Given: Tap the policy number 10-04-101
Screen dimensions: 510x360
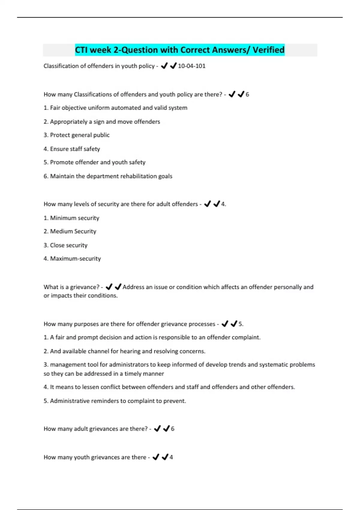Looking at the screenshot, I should click(x=192, y=66).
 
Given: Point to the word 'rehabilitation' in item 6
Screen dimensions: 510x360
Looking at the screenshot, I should click(x=138, y=176).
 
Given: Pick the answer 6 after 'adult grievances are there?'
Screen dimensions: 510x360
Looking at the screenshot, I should click(x=172, y=429).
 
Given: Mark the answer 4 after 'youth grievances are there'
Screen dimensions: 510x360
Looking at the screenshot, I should click(x=171, y=457).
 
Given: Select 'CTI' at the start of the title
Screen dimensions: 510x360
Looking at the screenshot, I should click(x=81, y=50).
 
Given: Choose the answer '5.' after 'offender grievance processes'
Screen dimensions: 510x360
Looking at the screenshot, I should click(x=241, y=324).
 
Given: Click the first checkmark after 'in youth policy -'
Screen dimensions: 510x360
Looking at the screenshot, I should click(x=164, y=66).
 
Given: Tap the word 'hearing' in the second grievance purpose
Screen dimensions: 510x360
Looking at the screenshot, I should click(x=130, y=351).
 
